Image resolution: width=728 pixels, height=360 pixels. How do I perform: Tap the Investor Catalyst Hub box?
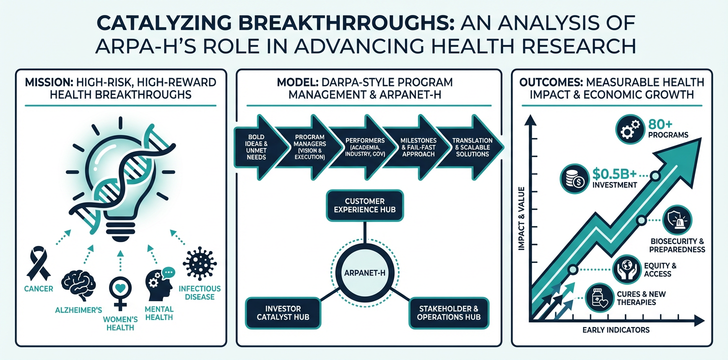point(282,313)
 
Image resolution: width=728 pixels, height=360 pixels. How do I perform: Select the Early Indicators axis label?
point(616,330)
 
